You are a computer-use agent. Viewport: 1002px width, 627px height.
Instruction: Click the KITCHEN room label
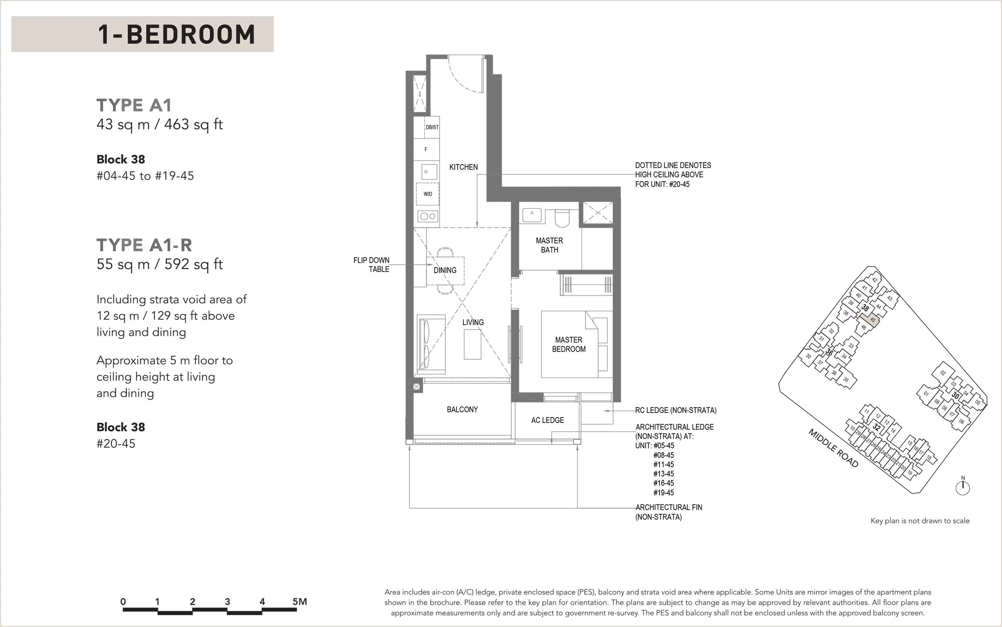463,167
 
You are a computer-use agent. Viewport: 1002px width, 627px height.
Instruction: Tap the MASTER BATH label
549,245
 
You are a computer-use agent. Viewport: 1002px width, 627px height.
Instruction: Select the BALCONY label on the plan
462,409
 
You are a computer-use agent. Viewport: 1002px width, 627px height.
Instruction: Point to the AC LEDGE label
547,420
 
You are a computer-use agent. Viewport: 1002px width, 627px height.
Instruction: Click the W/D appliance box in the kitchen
427,194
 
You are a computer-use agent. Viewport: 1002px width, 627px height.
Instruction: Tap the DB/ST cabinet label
432,127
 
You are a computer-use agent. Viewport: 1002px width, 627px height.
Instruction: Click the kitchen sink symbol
429,172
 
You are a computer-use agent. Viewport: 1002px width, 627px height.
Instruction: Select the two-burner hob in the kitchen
428,216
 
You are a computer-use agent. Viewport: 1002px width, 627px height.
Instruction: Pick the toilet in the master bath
562,219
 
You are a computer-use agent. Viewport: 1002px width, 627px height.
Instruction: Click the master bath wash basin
532,215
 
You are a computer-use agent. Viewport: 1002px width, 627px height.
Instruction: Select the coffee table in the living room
472,344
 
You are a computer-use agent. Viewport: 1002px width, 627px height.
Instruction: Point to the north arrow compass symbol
962,487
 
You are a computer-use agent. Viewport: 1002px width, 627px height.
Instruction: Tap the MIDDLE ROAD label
833,448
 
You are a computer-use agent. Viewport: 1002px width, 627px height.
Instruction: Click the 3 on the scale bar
227,601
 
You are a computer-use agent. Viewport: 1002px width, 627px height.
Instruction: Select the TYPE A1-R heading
145,245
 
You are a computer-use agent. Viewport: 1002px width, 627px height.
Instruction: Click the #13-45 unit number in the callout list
663,474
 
